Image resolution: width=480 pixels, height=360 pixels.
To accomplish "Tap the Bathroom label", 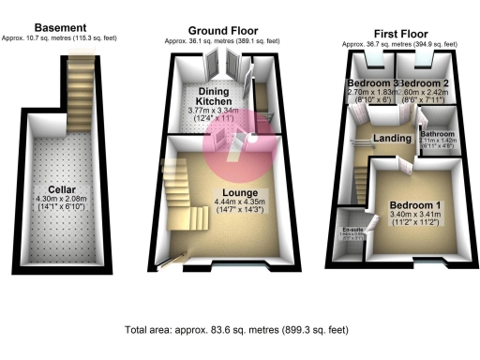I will click(437, 134).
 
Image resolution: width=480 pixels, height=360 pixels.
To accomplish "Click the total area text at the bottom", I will click(238, 330).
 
